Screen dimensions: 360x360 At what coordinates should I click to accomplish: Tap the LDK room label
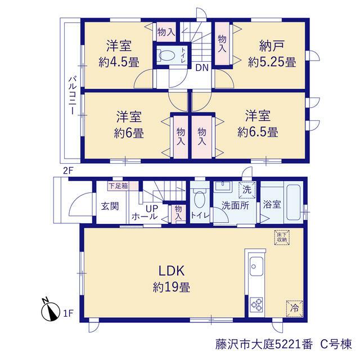pos(172,271)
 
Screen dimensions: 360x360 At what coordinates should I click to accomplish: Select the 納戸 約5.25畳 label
pos(272,54)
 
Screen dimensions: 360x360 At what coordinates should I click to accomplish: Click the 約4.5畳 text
pos(119,62)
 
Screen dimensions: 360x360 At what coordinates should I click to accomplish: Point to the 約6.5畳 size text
pos(258,132)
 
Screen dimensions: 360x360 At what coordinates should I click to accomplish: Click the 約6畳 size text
pos(129,133)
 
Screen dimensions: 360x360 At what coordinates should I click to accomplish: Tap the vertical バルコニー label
pos(73,95)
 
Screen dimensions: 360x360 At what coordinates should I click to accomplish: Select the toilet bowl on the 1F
pos(200,199)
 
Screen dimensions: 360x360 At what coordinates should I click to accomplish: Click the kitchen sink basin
pos(256,266)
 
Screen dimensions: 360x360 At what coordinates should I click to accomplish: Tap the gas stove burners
pos(256,305)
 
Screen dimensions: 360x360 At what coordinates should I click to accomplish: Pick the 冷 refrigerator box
pos(295,308)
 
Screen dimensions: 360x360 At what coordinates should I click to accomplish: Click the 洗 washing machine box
pos(247,190)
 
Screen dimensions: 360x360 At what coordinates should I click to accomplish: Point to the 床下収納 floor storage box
pos(282,238)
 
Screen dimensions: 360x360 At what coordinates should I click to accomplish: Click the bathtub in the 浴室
pos(293,202)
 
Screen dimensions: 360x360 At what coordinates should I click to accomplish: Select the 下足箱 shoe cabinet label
pos(118,186)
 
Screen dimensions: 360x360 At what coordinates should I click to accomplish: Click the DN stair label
pos(202,67)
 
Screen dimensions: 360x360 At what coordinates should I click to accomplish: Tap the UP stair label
pos(152,209)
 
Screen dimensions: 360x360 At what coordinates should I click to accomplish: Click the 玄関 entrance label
pos(110,206)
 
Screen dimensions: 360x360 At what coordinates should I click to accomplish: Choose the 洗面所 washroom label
pos(235,205)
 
